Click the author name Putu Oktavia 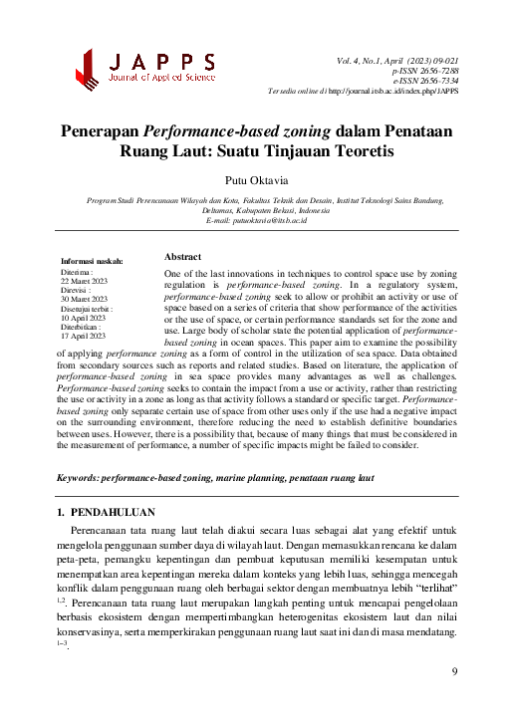257,179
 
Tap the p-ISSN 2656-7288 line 425,72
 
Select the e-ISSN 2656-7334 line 425,82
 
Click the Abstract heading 183,256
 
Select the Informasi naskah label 92,261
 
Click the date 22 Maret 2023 84,281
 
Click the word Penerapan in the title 101,130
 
